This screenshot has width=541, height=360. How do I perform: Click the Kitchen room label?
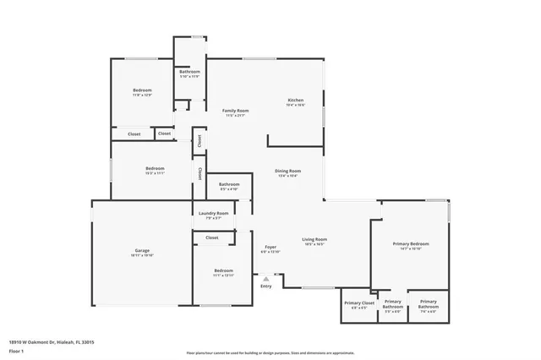coord(294,100)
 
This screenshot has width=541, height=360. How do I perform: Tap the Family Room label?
coord(235,111)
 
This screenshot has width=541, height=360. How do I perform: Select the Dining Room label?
coord(287,171)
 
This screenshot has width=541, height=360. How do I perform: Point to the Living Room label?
coord(314,239)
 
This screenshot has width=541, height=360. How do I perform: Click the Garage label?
coord(141,251)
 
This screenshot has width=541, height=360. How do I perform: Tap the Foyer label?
coord(270,247)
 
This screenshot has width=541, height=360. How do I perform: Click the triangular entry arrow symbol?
coord(266,277)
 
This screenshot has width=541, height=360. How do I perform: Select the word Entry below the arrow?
coord(266,286)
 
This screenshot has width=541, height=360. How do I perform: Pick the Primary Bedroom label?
coord(411,244)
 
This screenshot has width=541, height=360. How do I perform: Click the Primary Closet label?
coord(358,302)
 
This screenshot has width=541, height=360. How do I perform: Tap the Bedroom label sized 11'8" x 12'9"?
coord(141,90)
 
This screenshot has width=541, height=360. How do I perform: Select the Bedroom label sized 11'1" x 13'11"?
coord(223,271)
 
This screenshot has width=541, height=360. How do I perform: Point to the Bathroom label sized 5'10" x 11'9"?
coord(189,72)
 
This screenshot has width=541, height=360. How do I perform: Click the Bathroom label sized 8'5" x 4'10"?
coord(229,184)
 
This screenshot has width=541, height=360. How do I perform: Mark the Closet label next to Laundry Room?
coord(211,237)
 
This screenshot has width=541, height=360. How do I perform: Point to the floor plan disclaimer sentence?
coord(270,351)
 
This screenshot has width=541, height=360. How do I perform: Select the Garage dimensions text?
coord(141,255)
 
